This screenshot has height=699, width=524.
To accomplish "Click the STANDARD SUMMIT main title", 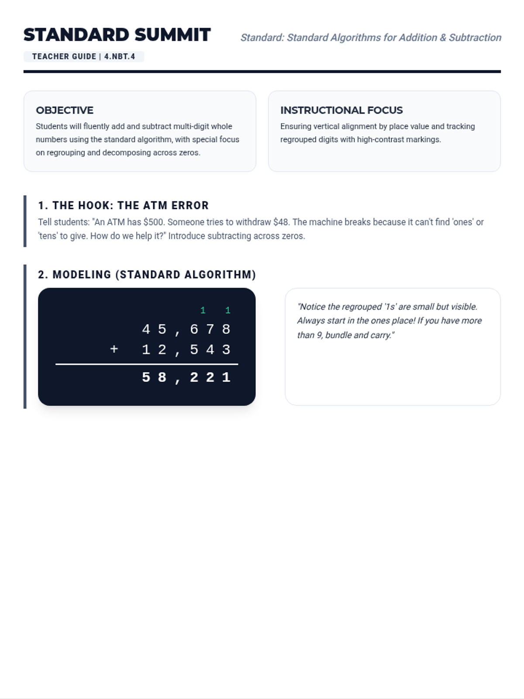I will pos(117,35).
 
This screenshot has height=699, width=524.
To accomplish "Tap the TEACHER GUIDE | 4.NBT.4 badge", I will pos(83,56).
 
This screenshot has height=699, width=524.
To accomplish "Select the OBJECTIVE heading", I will pos(65,110).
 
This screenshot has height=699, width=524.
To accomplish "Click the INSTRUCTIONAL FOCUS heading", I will pos(341,110).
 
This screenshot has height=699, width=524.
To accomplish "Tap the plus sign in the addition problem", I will pos(114,349).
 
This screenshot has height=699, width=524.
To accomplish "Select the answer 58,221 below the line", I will pos(186,377).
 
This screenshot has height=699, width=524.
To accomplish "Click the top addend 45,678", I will pos(186,329).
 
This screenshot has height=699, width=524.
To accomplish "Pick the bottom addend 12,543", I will pos(186,349).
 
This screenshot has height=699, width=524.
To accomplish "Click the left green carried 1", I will pos(203,310).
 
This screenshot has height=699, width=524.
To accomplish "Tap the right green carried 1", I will pos(228,310).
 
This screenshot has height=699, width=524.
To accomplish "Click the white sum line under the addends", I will pos(147,364).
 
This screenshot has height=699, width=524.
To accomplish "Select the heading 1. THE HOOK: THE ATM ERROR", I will pos(123,205).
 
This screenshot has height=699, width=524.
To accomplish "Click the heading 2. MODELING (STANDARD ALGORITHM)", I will pos(147,274).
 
